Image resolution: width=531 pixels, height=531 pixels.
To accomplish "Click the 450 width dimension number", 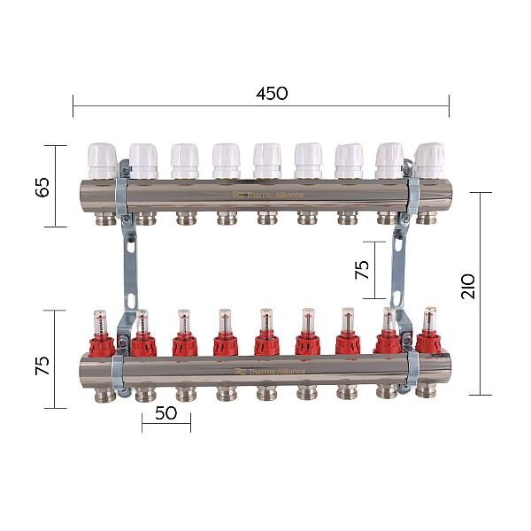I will (272, 94).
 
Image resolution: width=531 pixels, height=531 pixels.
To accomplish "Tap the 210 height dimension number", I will (468, 285).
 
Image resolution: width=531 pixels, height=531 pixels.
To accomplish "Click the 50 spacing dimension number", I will (165, 412).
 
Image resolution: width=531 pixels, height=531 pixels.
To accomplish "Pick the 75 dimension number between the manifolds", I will (363, 270).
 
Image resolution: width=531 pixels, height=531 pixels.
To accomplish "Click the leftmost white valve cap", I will (101, 160).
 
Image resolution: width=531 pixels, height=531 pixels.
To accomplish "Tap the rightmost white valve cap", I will (430, 160).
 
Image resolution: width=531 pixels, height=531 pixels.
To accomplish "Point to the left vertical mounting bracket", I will (126, 265).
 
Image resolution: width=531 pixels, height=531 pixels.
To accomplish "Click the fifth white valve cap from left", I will (266, 160).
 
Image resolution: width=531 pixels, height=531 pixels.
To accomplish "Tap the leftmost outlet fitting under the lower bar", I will (102, 391).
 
